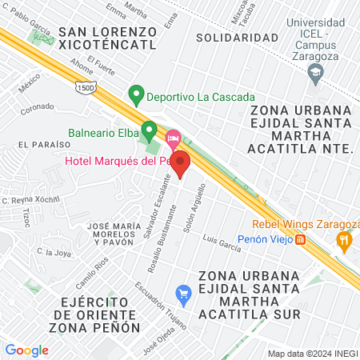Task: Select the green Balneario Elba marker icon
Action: click(x=149, y=130)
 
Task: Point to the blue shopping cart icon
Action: click(x=183, y=294)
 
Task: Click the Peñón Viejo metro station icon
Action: click(x=301, y=238)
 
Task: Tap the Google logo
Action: click(x=27, y=350)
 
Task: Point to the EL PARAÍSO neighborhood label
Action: click(x=38, y=145)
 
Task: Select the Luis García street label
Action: click(x=222, y=242)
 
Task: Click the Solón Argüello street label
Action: click(x=195, y=209)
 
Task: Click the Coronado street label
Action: click(x=37, y=106)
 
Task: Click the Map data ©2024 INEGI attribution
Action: click(x=312, y=354)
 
